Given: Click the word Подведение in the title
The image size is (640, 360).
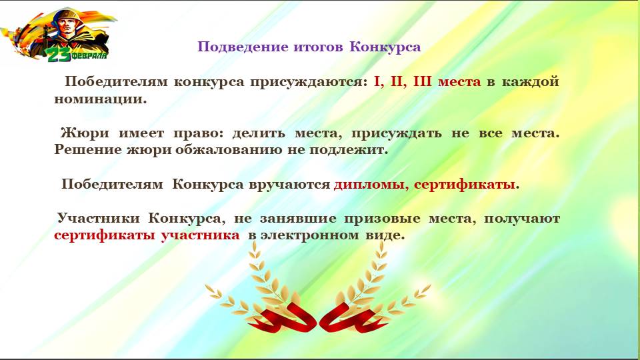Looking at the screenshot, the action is coord(243,47).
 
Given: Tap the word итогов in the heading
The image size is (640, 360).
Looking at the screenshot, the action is coord(318,47).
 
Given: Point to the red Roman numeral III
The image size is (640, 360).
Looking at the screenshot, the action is coord(422,81).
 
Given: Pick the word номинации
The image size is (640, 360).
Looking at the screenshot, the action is coord(101,99).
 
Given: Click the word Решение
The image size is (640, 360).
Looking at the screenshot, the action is coord(88,150).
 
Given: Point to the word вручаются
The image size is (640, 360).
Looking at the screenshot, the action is coord(289,185).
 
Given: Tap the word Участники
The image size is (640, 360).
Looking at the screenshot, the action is coord(98,219).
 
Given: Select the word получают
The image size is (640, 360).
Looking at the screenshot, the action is coord(521,219).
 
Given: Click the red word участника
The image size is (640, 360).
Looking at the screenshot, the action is coord(200,235).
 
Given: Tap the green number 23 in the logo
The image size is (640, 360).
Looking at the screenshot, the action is coord(59,55).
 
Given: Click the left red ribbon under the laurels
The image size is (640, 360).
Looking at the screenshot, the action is coord(286,318).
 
